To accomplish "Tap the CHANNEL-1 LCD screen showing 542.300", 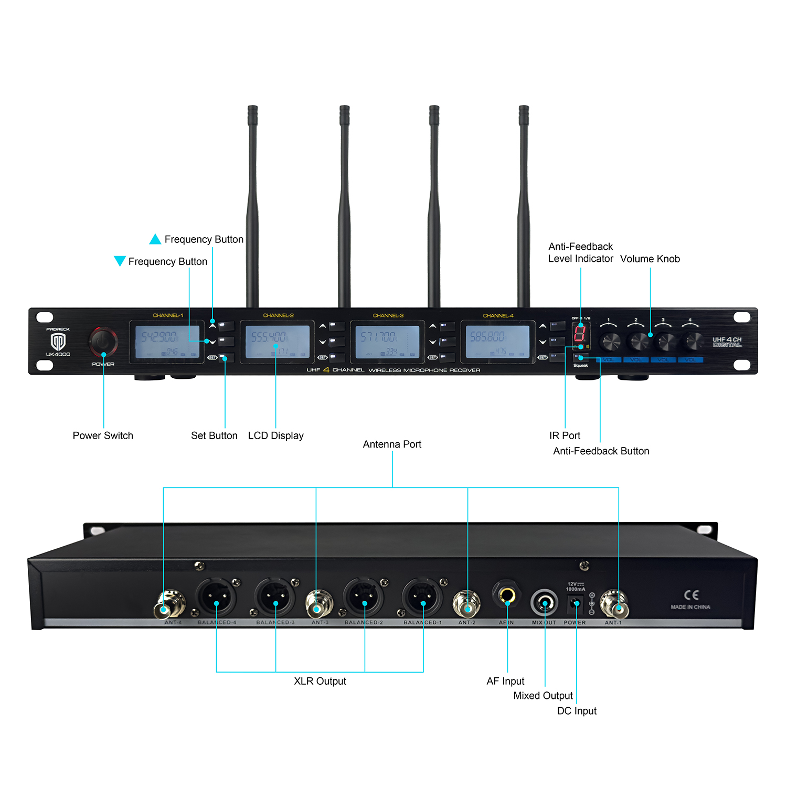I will [x=167, y=342].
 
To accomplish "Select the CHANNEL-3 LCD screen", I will [x=387, y=342].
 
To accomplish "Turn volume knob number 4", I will [x=692, y=341].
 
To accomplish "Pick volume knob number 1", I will [x=610, y=341].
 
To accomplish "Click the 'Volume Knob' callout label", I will [x=650, y=259].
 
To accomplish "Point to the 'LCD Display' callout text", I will [x=275, y=435].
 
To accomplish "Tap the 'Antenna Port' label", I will [x=392, y=444].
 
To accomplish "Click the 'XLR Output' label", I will [x=320, y=681].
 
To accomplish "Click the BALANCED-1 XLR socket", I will [x=422, y=598].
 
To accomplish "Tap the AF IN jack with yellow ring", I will [x=507, y=595].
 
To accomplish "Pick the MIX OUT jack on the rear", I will [x=544, y=602].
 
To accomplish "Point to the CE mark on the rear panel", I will [x=691, y=595].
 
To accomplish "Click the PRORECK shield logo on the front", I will [x=58, y=342].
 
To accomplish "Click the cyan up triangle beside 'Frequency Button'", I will [x=155, y=239].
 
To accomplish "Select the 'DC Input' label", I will [x=577, y=711].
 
